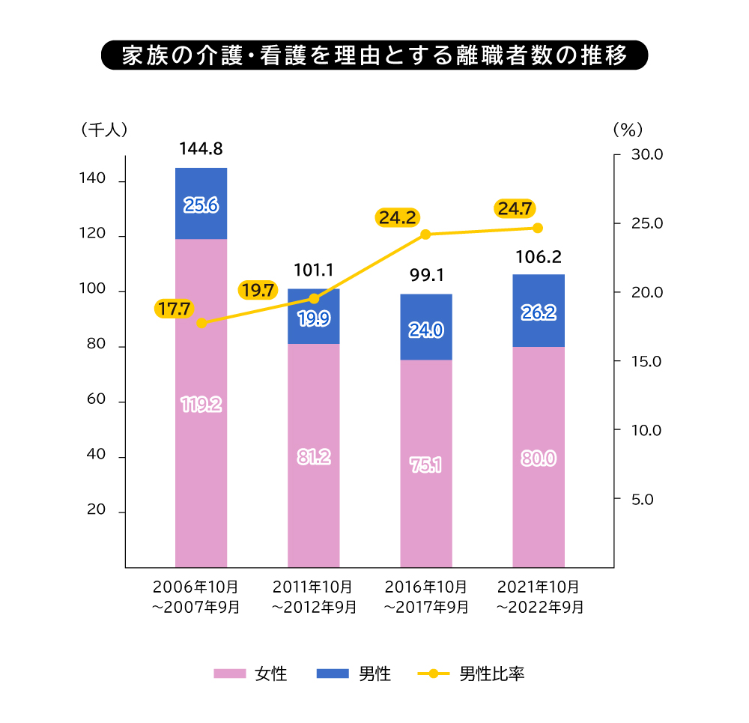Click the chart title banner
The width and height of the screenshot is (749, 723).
(x=374, y=56)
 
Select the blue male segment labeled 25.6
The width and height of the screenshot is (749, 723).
(x=201, y=204)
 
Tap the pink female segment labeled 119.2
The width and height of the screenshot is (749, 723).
(x=201, y=405)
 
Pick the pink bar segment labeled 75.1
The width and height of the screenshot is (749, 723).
(x=426, y=465)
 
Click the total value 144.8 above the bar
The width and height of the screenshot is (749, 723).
(x=201, y=149)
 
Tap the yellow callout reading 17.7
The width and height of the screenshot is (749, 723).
(x=174, y=308)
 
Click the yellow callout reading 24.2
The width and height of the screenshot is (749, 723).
(x=397, y=218)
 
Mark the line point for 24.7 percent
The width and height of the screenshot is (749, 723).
(x=538, y=228)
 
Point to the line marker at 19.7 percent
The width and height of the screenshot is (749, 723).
(x=314, y=298)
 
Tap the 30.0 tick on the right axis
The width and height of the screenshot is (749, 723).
(x=648, y=155)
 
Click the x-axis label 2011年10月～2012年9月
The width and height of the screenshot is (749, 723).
(x=314, y=596)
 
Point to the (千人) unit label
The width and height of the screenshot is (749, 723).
(x=104, y=129)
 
